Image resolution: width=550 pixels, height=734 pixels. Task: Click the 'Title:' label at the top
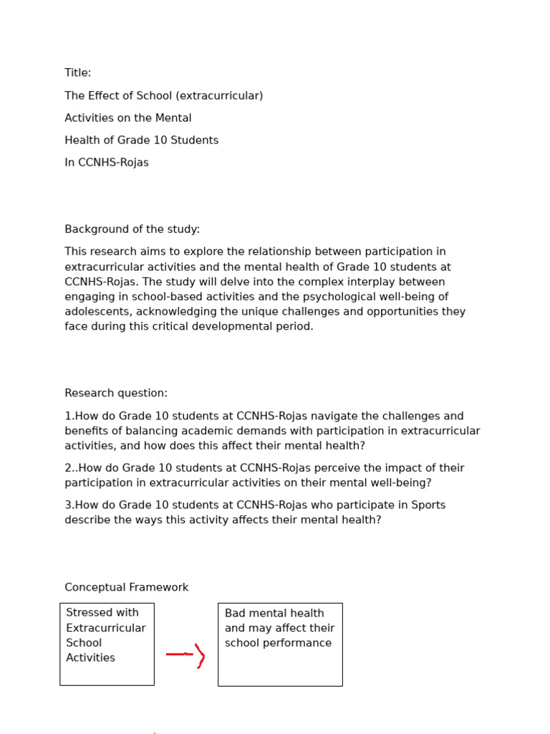coord(78,73)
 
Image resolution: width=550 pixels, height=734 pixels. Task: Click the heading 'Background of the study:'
coord(132,229)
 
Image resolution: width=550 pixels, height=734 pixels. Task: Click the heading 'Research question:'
coord(116,394)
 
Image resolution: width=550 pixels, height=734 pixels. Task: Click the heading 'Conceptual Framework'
coord(127,588)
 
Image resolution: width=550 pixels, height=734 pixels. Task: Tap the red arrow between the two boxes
coord(185,654)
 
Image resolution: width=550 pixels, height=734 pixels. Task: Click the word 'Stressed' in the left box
coord(91,613)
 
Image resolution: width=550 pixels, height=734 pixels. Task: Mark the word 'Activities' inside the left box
coord(90,658)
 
